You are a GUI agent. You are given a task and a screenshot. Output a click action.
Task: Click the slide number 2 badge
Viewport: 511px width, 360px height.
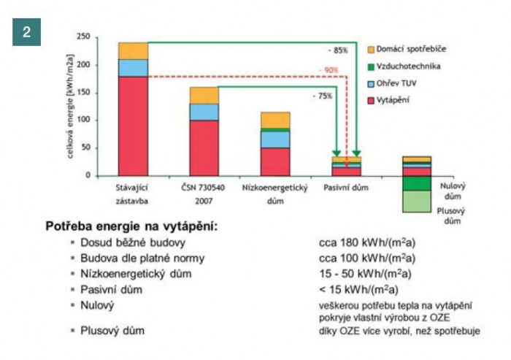tap(26, 33)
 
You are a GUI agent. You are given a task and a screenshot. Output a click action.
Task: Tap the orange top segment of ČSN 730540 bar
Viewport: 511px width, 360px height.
tap(204, 95)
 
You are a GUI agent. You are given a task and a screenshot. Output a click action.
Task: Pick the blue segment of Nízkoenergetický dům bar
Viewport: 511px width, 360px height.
tap(275, 139)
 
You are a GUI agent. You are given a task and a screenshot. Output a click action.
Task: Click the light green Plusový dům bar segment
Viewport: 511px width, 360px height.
tap(416, 202)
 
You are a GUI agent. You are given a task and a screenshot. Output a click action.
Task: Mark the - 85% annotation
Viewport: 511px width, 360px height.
tap(337, 51)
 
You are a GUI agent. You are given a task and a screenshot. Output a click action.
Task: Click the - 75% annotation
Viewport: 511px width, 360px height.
tap(322, 96)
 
